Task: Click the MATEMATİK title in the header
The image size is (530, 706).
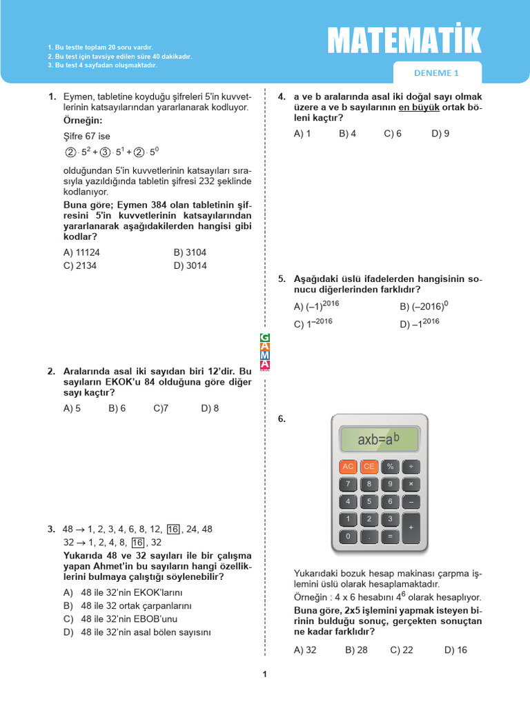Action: pyautogui.click(x=404, y=41)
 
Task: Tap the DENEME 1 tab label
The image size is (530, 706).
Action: pyautogui.click(x=436, y=73)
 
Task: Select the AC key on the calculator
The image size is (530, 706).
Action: pyautogui.click(x=348, y=467)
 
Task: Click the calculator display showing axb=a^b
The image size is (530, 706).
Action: pyautogui.click(x=379, y=438)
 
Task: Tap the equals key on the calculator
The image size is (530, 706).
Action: pyautogui.click(x=390, y=536)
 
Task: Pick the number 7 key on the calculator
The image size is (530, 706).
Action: pyautogui.click(x=348, y=484)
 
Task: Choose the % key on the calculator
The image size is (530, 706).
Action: pyautogui.click(x=390, y=467)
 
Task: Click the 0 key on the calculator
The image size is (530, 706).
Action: pyautogui.click(x=348, y=536)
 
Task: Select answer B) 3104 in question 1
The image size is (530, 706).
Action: pyautogui.click(x=190, y=252)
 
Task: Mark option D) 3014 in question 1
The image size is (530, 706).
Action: pyautogui.click(x=190, y=265)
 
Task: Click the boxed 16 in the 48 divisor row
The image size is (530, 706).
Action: pyautogui.click(x=173, y=529)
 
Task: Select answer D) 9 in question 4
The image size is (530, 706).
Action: pyautogui.click(x=440, y=134)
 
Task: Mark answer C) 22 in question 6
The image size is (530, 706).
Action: pyautogui.click(x=402, y=649)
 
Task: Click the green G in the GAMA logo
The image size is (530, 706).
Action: pyautogui.click(x=264, y=337)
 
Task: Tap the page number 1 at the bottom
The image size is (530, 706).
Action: pyautogui.click(x=264, y=674)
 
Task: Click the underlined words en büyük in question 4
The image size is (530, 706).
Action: pyautogui.click(x=419, y=108)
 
